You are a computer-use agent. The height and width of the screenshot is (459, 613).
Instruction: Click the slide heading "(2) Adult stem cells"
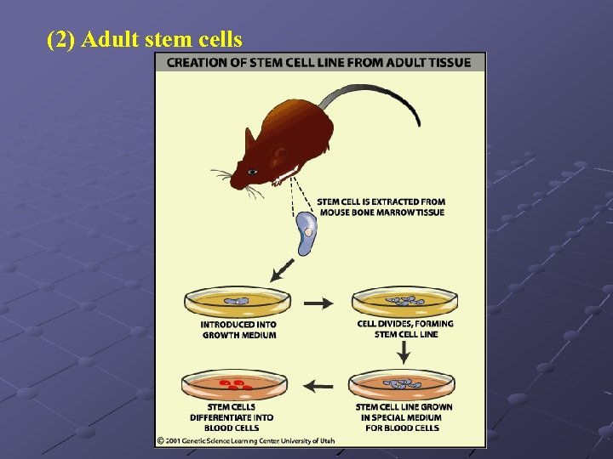[145, 40]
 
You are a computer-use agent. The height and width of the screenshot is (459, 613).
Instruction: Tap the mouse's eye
[253, 172]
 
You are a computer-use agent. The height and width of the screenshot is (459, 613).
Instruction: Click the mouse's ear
[279, 154]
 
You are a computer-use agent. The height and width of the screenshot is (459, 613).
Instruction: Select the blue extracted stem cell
[306, 234]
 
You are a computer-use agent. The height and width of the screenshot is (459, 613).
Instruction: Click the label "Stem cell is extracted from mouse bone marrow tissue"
[381, 207]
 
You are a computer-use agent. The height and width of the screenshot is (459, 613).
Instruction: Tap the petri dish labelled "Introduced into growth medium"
[238, 302]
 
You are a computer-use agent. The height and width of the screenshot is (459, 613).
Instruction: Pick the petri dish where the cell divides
[404, 302]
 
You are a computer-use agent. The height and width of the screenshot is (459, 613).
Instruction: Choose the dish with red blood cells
[233, 385]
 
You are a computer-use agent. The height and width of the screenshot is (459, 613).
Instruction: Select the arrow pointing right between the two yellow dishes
[319, 303]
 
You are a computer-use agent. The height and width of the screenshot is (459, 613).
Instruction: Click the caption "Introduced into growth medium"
[238, 330]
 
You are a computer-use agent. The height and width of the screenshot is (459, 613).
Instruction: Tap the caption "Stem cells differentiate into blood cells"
[232, 417]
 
